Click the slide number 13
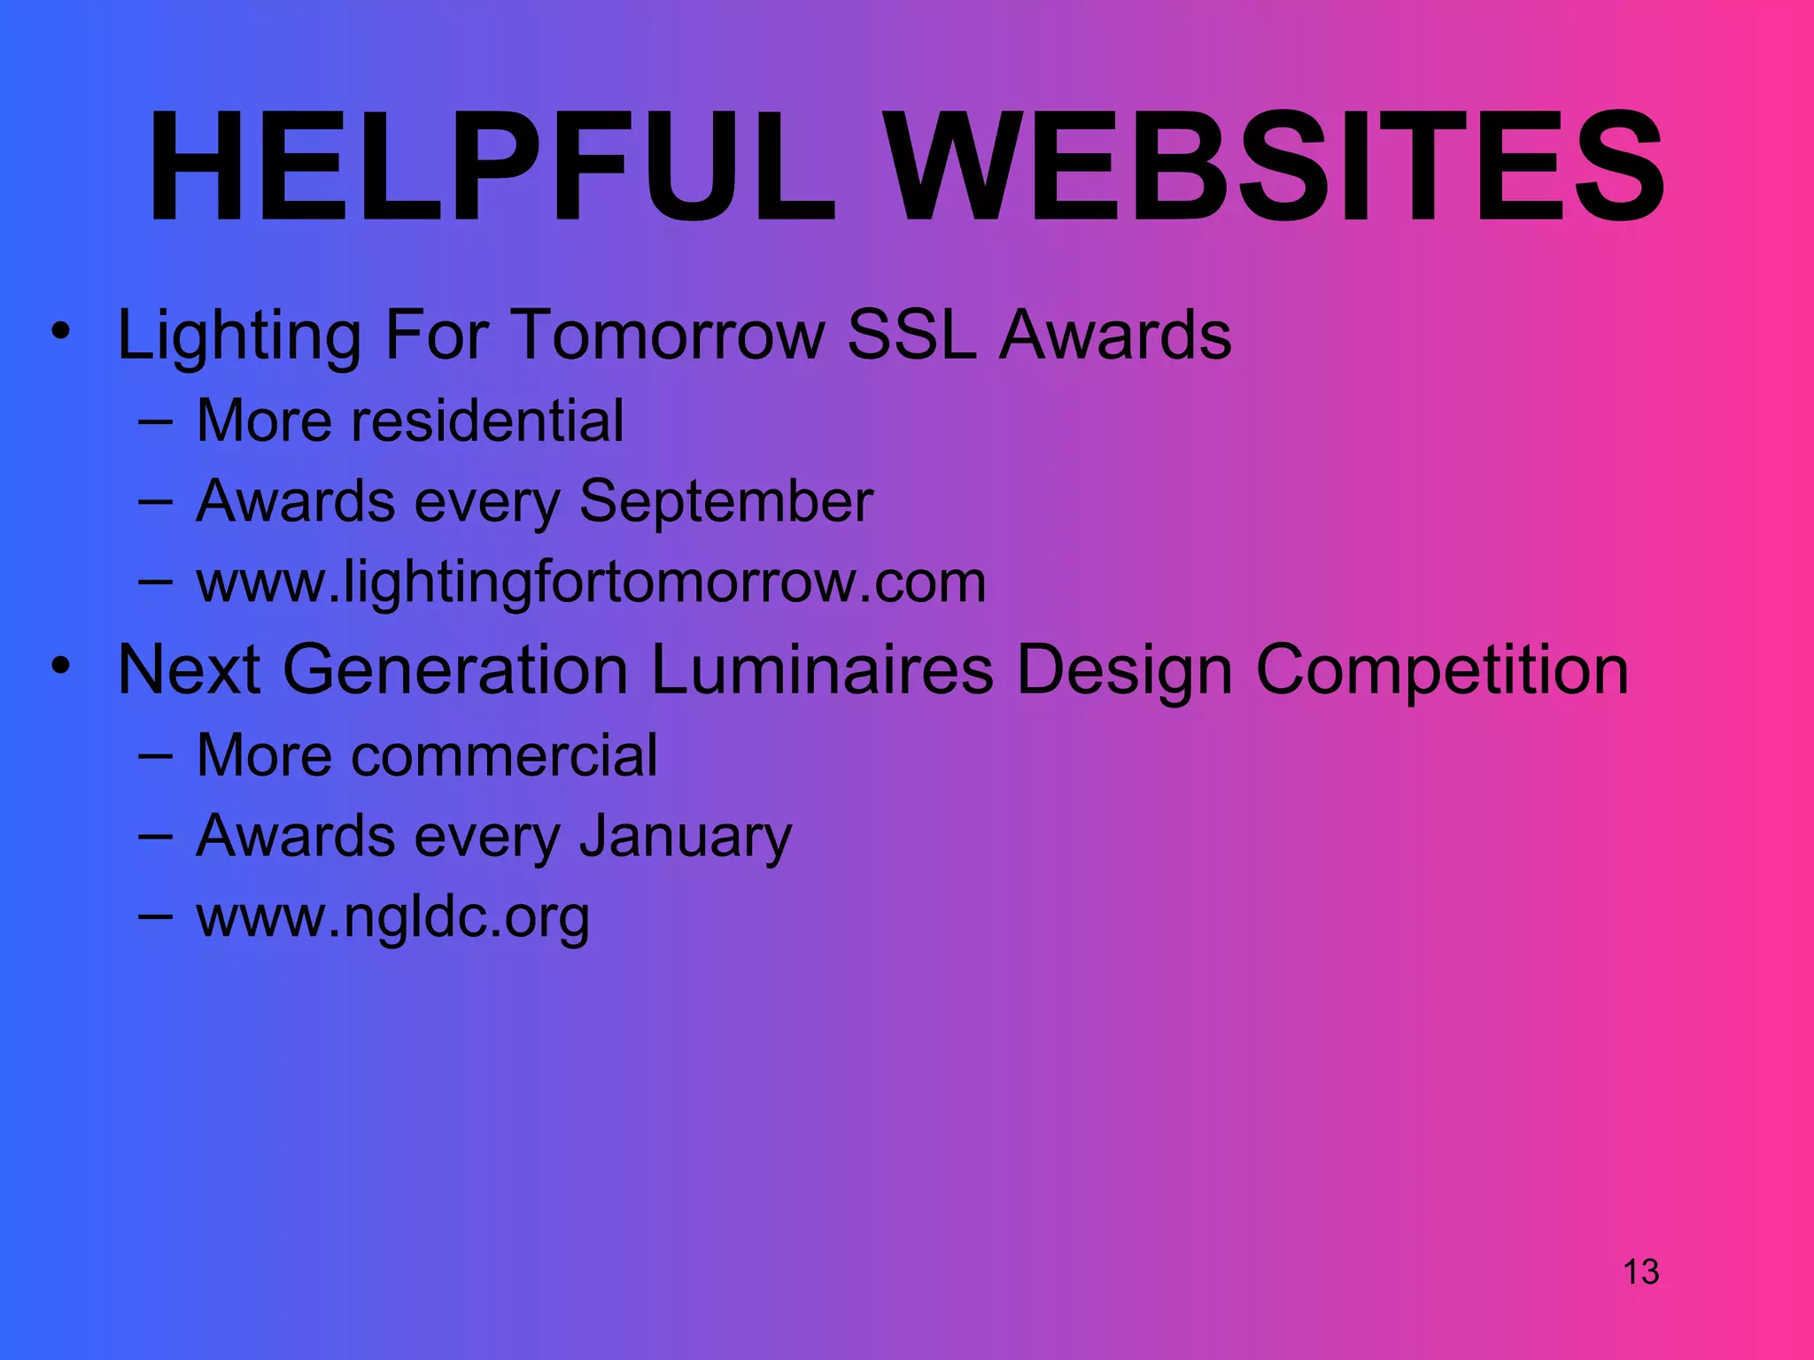1640,1271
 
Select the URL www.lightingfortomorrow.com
591,583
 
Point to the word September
725,502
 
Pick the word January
685,836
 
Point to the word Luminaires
822,669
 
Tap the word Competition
1442,669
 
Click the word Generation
455,669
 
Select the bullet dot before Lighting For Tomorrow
60,332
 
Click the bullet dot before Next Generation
60,666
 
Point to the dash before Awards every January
155,838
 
